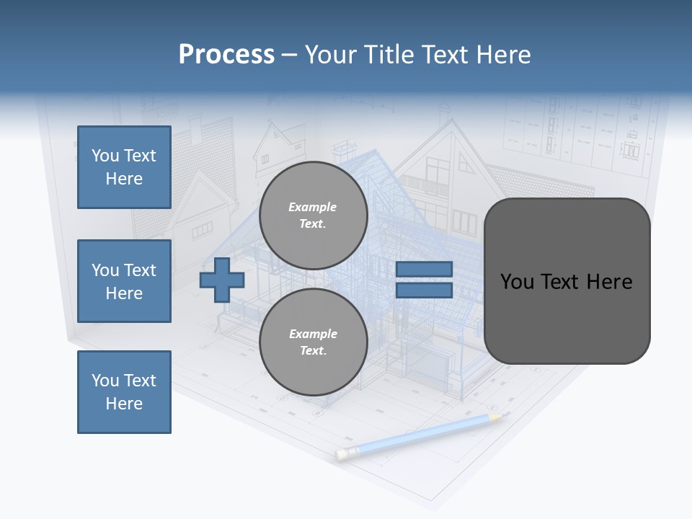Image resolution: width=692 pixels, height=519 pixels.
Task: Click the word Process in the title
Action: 226,54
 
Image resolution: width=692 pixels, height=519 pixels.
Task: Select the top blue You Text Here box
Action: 124,167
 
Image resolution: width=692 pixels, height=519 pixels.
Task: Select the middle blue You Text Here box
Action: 124,281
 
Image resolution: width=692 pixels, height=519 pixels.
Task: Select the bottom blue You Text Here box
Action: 124,391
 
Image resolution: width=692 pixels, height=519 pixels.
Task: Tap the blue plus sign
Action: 222,280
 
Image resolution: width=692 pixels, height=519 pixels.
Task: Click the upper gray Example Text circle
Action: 313,215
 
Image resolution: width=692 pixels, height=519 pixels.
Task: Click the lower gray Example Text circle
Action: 313,342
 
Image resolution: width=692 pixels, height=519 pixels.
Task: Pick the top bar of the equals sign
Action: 424,269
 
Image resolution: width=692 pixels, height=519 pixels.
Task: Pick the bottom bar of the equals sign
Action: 424,290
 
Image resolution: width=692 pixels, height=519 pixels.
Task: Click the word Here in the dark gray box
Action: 610,281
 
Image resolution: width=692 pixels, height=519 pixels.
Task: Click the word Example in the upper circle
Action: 313,207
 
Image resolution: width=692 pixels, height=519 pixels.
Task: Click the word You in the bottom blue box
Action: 105,380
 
